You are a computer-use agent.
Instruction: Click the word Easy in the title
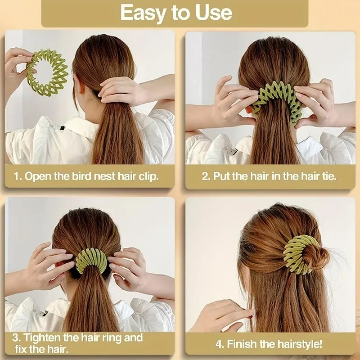(x=144, y=13)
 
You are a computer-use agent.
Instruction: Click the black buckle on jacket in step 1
(x=60, y=130)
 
